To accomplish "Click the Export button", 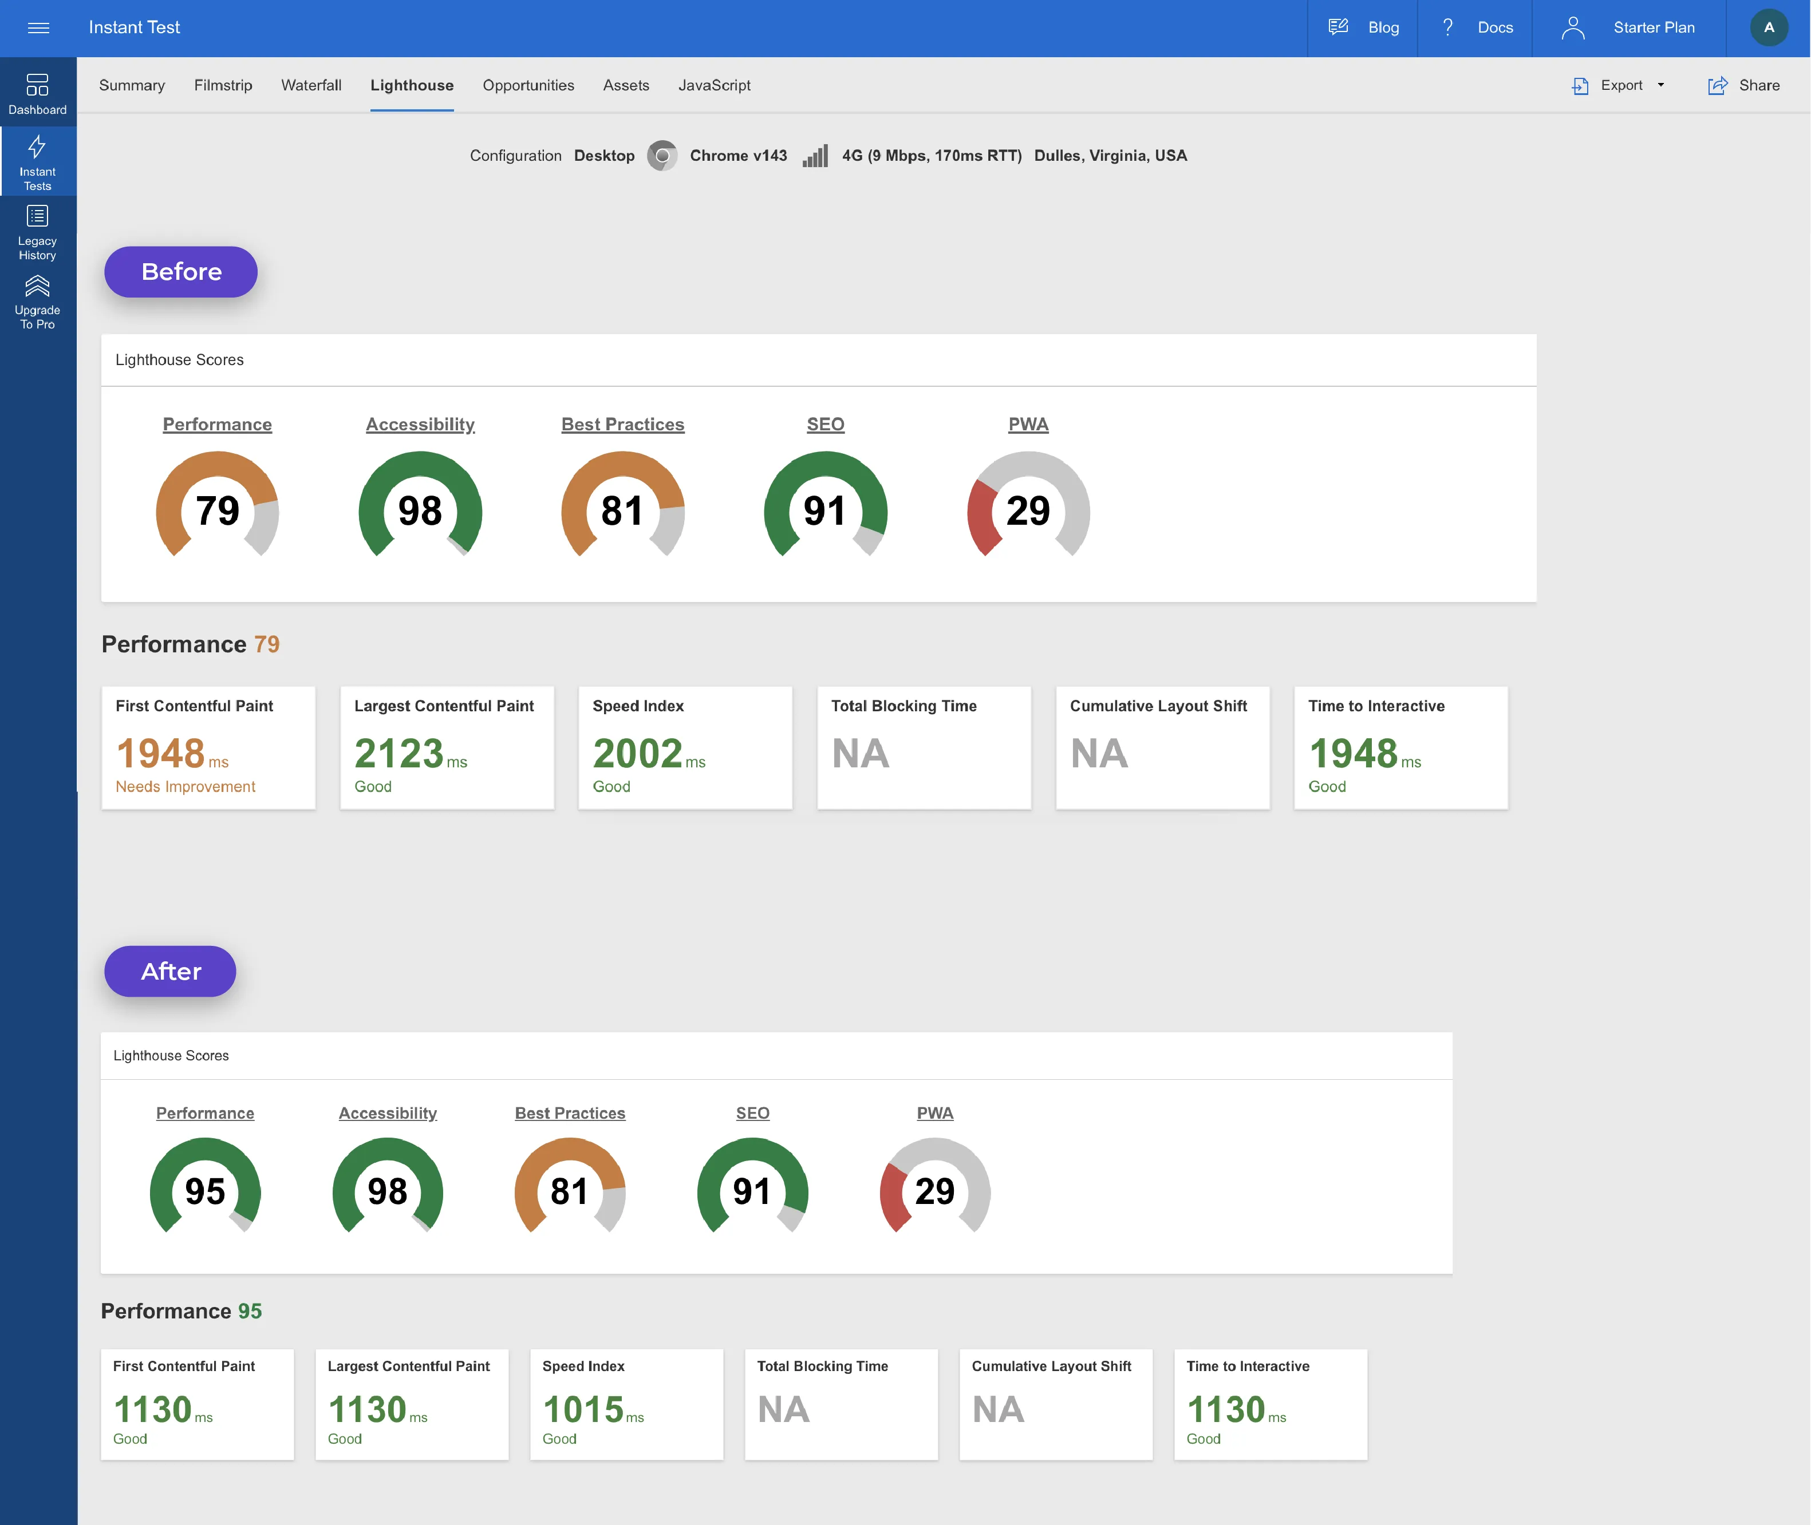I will coord(1617,85).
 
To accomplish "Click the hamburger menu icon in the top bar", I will coord(38,27).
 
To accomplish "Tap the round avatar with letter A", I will coord(1769,27).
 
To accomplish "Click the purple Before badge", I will coord(181,271).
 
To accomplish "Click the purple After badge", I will coord(171,971).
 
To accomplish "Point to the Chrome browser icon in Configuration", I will coord(662,156).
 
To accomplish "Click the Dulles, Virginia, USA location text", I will coord(1110,156).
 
